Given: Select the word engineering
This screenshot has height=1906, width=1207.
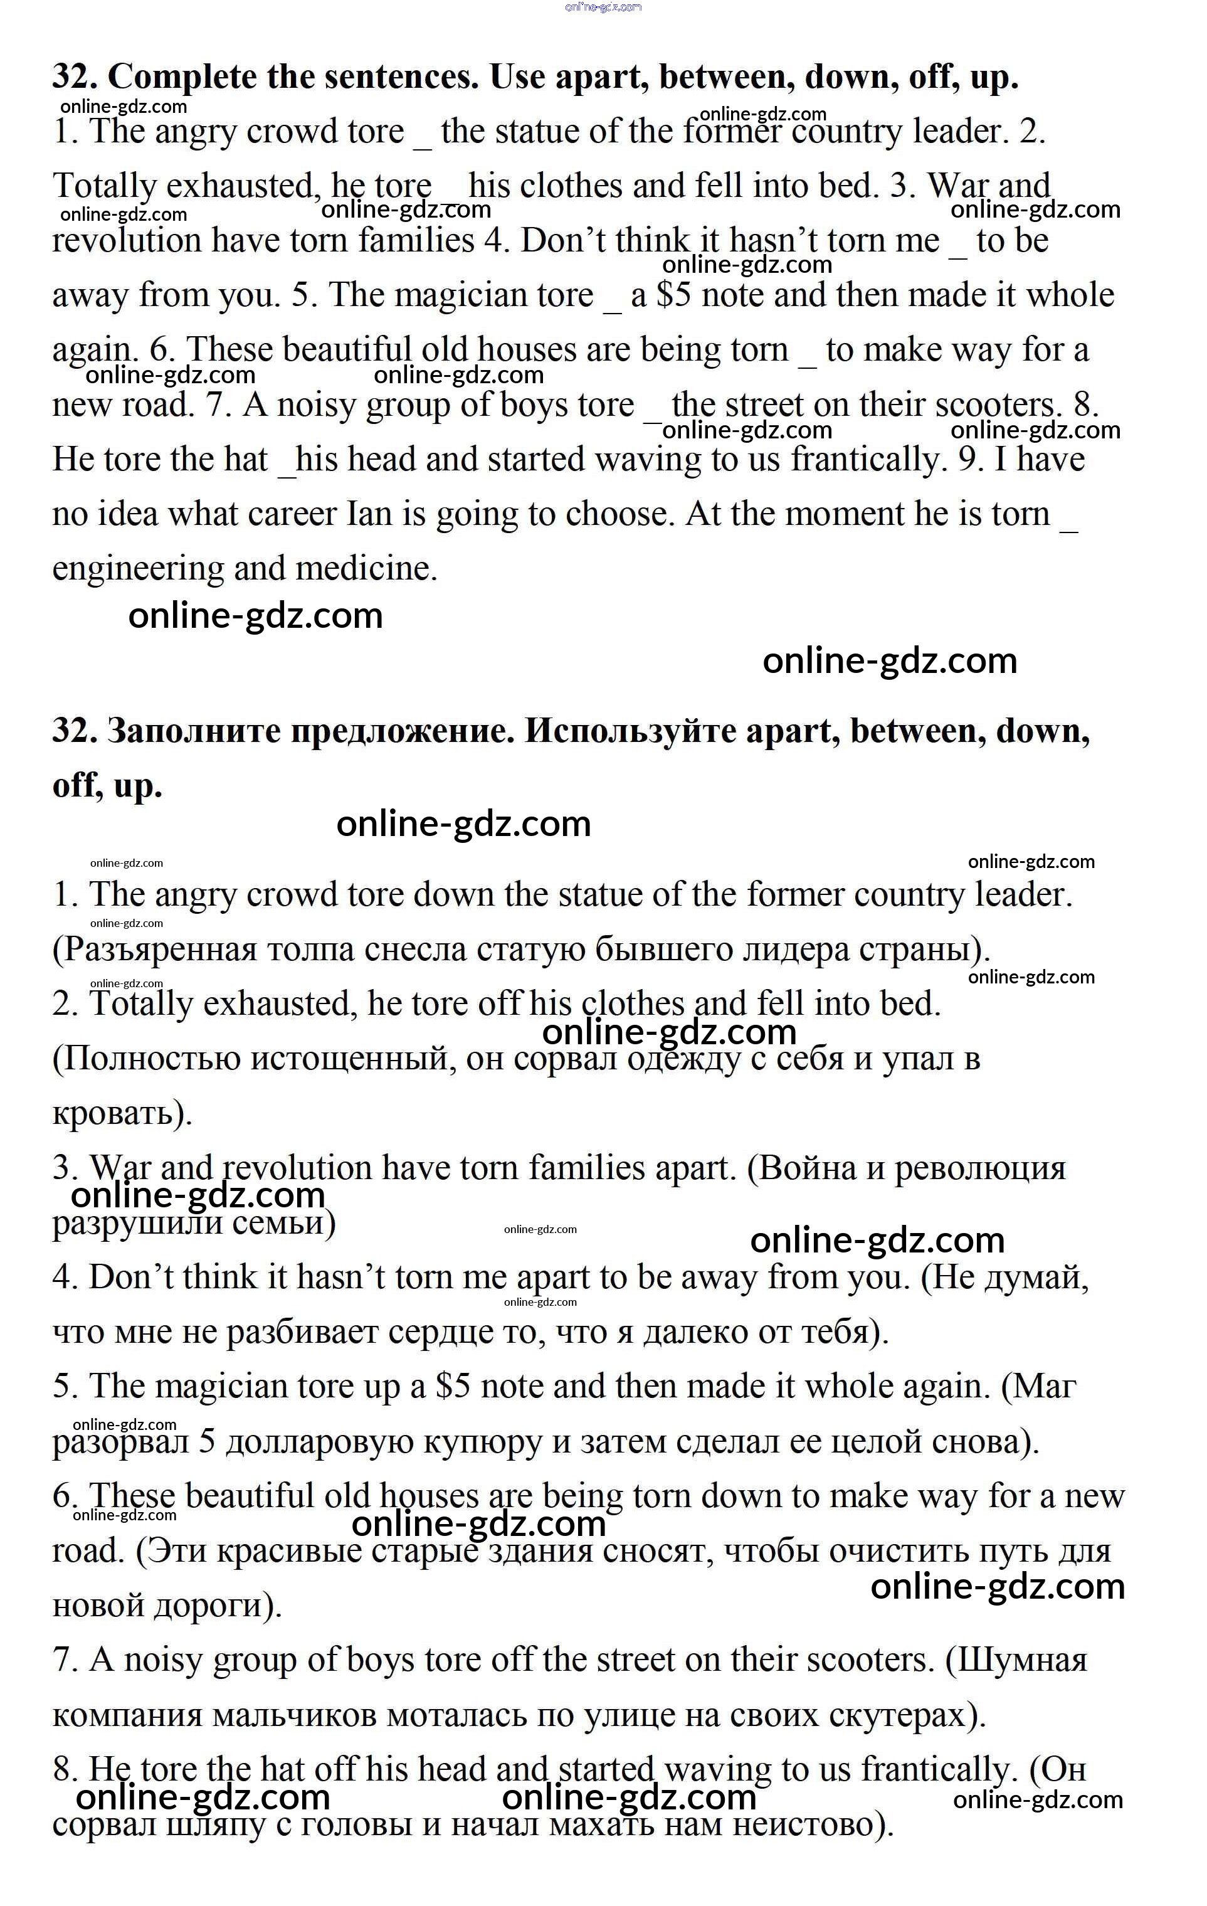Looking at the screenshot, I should (x=138, y=569).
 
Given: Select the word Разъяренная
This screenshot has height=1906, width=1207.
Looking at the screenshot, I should (x=159, y=949).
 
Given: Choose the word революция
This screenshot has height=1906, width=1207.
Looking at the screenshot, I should (x=980, y=1168).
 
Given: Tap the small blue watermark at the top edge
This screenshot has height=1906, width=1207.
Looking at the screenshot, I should (x=603, y=7).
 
